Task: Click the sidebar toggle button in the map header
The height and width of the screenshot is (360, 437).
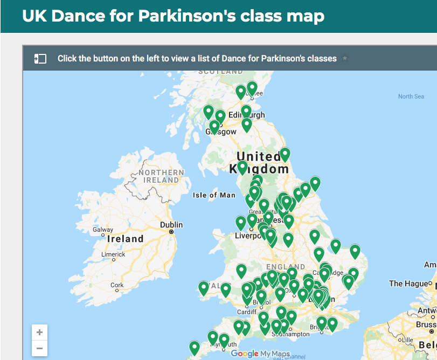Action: [40, 59]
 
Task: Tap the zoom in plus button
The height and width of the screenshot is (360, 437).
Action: [39, 333]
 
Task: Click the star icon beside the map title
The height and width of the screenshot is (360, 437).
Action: [345, 58]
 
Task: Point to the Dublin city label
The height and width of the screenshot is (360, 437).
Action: [171, 225]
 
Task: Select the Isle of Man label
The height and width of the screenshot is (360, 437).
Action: [214, 195]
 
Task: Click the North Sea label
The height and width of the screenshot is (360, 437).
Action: [411, 96]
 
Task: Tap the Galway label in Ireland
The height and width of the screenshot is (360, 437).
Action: [103, 230]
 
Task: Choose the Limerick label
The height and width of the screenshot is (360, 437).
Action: [113, 254]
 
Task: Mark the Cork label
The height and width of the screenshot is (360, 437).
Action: [116, 285]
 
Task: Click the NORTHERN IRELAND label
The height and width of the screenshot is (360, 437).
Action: [162, 176]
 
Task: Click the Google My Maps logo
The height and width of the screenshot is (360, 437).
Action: [260, 354]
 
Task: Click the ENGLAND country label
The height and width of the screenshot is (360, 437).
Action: [285, 267]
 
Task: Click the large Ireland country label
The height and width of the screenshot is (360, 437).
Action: [126, 239]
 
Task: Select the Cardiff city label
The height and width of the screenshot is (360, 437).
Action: [247, 311]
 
